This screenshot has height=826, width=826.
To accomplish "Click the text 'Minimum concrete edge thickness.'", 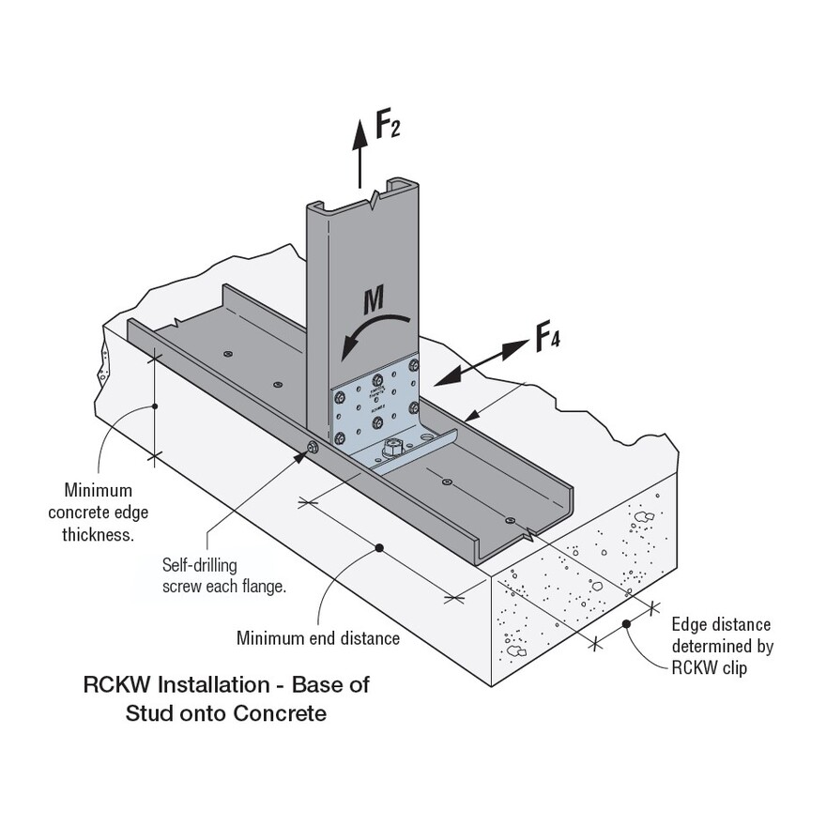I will click(98, 512).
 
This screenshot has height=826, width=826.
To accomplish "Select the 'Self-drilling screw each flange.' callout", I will click(223, 575).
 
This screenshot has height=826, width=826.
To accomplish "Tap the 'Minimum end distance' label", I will click(318, 638).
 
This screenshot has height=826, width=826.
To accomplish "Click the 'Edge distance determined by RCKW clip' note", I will click(721, 646).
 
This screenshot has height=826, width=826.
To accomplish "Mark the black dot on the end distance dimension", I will click(379, 548).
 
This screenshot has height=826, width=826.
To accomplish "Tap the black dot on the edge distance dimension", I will click(626, 622).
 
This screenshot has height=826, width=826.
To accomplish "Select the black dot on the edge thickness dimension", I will click(154, 405).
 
